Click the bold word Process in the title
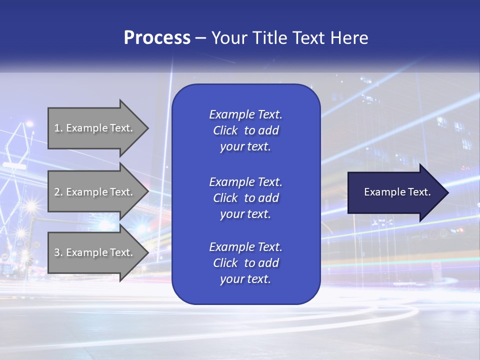click(157, 38)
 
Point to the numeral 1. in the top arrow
click(58, 128)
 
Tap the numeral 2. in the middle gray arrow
click(58, 192)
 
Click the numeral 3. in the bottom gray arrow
click(58, 252)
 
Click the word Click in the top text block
click(225, 130)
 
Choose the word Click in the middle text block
click(225, 198)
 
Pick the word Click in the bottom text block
click(225, 263)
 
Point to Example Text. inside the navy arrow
click(397, 192)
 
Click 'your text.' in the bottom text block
click(245, 279)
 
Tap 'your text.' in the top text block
click(245, 147)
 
